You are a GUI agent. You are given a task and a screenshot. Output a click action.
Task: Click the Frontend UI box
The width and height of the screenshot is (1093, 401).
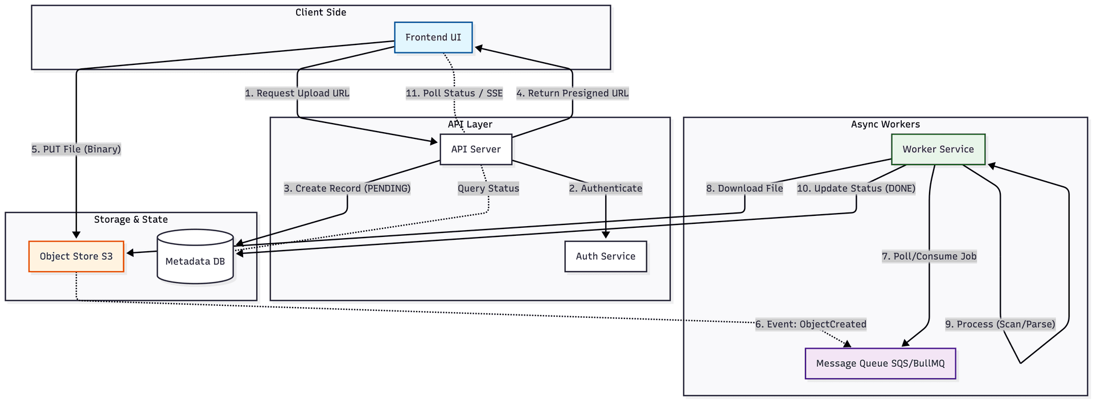coord(433,38)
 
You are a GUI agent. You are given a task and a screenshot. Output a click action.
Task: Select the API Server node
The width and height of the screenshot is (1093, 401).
coord(476,149)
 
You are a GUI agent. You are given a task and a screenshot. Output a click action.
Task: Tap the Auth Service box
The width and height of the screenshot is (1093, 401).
coord(605,256)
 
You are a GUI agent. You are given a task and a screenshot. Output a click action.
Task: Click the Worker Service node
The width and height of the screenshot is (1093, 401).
coord(938,149)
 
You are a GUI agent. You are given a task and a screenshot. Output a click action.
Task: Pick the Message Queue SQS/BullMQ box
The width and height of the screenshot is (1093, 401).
coord(880,363)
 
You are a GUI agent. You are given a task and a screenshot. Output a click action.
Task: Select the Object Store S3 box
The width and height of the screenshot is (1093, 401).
coord(76,256)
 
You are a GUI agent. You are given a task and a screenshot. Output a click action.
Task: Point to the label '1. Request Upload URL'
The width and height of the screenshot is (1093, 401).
coord(297,93)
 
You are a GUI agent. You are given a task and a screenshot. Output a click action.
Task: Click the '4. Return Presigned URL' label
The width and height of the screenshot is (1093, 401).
coord(572,93)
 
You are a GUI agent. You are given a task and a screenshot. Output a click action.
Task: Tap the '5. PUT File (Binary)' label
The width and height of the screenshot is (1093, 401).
coord(76,149)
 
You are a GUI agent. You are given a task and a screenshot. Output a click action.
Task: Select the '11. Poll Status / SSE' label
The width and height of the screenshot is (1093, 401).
coord(454,93)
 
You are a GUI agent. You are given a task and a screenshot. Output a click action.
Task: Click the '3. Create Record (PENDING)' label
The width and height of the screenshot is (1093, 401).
coord(347,189)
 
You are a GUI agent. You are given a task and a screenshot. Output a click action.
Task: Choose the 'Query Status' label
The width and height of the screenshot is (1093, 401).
coord(488,189)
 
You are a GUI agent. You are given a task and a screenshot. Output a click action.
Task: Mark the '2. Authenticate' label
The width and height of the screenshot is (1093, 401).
coord(606,189)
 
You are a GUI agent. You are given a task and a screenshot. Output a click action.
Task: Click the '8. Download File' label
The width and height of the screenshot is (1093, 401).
coord(745,189)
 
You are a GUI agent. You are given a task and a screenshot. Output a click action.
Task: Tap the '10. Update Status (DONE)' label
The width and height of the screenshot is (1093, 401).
coord(856,189)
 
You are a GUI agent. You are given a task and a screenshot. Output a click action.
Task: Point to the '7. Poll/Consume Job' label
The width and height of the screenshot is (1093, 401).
coord(929,256)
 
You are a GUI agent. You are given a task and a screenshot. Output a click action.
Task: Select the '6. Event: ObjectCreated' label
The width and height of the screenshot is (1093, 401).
coord(811,325)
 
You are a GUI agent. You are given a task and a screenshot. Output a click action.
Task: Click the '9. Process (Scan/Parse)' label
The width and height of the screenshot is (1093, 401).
coord(1000,325)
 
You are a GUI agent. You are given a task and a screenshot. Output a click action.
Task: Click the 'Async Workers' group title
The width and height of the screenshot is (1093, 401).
coord(885,124)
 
